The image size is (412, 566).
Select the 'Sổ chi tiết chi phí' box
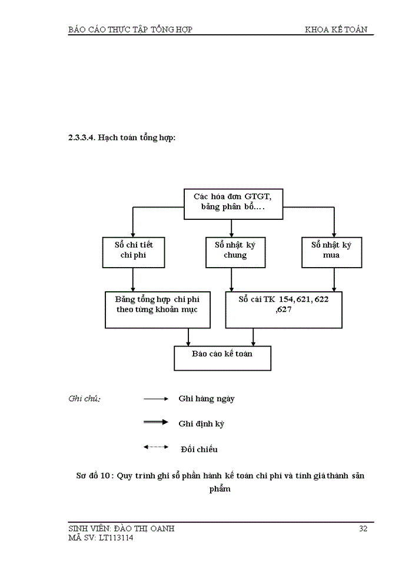[x=134, y=251]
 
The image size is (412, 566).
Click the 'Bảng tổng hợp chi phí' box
[x=157, y=309]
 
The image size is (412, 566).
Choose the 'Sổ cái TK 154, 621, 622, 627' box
[x=283, y=309]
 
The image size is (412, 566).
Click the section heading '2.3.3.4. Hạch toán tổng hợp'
[x=122, y=138]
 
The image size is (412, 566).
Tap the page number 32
[x=363, y=529]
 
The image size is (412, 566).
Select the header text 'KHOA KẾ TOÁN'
[x=339, y=29]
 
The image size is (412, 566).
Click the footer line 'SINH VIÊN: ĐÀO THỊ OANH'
[x=121, y=529]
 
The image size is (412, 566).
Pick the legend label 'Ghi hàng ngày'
[x=207, y=399]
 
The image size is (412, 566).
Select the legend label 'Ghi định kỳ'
[x=201, y=423]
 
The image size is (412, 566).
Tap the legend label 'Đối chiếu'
[x=199, y=449]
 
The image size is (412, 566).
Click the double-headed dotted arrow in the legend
[x=156, y=447]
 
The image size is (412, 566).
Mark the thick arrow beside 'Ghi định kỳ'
[x=156, y=422]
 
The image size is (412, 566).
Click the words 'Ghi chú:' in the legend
[x=85, y=399]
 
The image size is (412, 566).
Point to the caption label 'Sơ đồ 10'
[x=94, y=476]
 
